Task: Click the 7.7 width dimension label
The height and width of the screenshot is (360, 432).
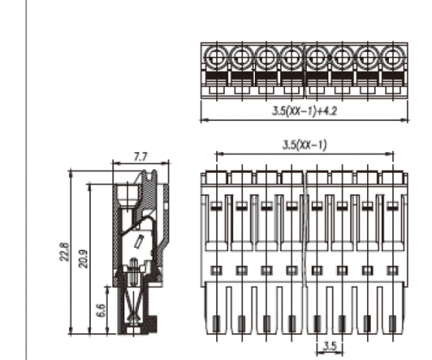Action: coord(140,157)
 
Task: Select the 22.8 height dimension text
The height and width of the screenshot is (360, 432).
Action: coord(65,252)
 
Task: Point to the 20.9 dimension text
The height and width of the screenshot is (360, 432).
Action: coord(84,259)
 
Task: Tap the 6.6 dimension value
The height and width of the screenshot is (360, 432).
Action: coord(101,310)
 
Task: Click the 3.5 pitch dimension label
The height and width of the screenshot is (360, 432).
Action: coord(330,346)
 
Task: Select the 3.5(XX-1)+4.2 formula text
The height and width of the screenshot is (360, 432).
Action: coord(304,111)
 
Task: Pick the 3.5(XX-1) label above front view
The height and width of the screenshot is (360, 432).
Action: coord(305,145)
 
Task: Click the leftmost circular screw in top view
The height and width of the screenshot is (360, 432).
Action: coord(216,57)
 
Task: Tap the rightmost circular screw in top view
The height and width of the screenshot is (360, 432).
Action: coord(393,57)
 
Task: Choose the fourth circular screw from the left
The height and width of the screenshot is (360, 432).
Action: coord(291,57)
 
